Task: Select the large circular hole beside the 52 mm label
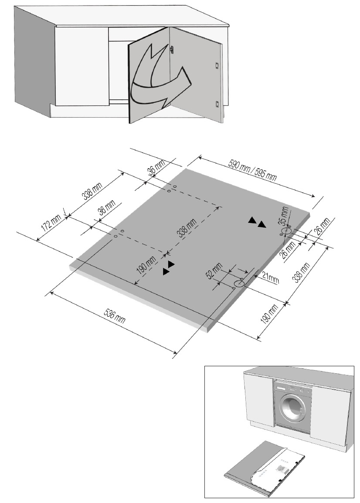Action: click(x=239, y=284)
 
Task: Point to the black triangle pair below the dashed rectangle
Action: click(x=168, y=268)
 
